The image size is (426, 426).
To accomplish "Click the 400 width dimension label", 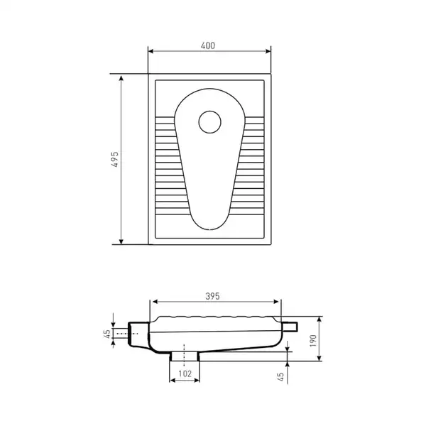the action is click(208, 45).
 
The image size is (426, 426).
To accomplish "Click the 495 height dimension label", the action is click(115, 159).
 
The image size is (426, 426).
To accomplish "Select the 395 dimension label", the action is click(212, 296).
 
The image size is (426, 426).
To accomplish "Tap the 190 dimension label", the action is click(313, 341).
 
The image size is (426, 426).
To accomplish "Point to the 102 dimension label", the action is click(185, 374).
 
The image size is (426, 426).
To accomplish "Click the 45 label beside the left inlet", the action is click(107, 334).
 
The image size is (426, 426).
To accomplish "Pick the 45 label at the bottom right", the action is click(280, 376).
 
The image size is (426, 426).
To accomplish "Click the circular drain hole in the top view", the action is click(209, 122).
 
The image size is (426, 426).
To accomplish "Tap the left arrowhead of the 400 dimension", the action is click(151, 51).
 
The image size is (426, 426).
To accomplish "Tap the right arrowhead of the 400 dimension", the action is click(268, 51).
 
